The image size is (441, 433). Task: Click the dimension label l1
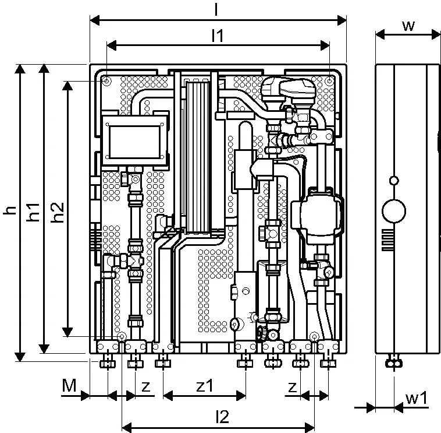(x=218, y=36)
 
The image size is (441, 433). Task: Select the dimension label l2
(x=222, y=417)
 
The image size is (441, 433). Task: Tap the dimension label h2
(x=58, y=212)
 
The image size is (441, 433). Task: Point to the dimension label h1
(x=33, y=212)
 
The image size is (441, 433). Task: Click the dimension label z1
(x=205, y=386)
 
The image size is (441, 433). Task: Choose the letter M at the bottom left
(x=69, y=386)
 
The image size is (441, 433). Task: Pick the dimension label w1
(x=417, y=398)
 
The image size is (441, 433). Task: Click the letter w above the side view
(x=408, y=26)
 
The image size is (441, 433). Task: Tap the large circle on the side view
(x=394, y=212)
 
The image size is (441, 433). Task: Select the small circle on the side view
(x=394, y=180)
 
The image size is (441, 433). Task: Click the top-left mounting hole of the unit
(x=107, y=81)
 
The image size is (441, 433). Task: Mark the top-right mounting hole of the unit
(x=329, y=81)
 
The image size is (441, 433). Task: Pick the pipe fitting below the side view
(x=393, y=361)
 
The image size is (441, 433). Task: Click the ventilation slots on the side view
(x=387, y=240)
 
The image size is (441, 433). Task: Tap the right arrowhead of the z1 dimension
(x=241, y=396)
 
